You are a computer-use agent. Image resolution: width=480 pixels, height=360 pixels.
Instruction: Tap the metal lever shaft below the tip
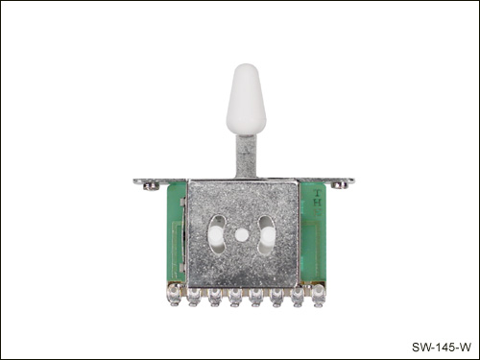coord(246,156)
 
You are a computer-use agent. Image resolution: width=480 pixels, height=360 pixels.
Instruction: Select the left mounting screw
coord(151,186)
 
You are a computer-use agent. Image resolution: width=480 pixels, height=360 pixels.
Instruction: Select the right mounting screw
coord(340,185)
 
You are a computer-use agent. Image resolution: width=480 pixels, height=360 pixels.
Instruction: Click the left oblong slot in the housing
coord(216,235)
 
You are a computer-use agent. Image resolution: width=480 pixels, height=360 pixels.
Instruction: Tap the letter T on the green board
coord(317,193)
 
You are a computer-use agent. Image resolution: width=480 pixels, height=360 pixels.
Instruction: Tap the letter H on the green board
coord(317,203)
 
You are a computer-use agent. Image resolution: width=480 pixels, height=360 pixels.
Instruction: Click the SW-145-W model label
coord(442,347)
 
